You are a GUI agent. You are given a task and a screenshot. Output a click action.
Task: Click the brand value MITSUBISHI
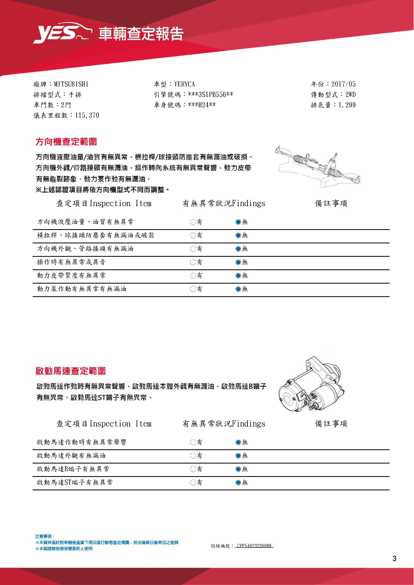click(71, 84)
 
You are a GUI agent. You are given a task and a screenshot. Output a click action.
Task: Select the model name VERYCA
click(184, 84)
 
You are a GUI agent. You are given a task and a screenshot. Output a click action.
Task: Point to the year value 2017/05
click(343, 84)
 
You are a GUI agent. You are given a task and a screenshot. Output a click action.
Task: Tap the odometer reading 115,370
click(87, 116)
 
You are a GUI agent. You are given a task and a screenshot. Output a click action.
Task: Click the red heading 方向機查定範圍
click(66, 142)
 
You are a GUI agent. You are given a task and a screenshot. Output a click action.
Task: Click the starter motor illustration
click(311, 385)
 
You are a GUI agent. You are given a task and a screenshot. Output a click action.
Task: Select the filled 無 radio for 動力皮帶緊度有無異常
click(238, 275)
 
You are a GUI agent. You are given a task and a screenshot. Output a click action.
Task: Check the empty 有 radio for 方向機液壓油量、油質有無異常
click(193, 222)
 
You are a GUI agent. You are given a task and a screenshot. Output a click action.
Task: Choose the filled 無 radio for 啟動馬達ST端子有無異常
click(238, 482)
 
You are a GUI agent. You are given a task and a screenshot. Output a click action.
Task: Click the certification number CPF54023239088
click(254, 546)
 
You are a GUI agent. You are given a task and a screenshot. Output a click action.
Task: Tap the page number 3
click(394, 559)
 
